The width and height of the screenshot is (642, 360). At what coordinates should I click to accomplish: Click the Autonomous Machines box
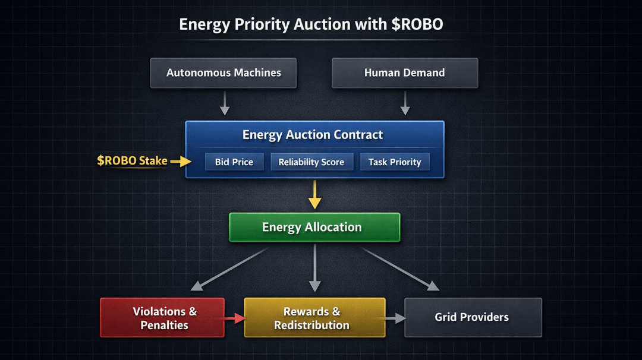pos(223,73)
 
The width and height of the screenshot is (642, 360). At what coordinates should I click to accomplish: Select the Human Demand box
pos(405,73)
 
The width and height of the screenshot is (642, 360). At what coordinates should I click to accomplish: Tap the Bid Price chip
pos(234,162)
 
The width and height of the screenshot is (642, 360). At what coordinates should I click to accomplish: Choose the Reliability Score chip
pos(311,162)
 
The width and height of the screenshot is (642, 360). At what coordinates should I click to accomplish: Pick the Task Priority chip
pos(395,162)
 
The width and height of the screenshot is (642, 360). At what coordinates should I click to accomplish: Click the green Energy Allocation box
pos(314,227)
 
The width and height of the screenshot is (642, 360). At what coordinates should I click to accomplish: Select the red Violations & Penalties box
pos(162,317)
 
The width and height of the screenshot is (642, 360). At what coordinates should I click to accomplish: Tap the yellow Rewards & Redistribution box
pos(314,317)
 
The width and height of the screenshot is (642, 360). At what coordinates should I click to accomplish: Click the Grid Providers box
pos(473,317)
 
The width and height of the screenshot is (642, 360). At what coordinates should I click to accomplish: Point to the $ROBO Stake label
pos(132,161)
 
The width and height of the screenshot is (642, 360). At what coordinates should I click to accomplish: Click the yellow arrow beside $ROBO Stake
pos(181,161)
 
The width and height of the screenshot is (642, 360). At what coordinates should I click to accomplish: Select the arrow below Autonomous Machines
pos(224,103)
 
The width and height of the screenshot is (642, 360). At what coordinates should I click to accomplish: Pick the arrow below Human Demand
pos(405,103)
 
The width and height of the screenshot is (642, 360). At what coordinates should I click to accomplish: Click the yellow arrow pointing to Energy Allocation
pos(314,195)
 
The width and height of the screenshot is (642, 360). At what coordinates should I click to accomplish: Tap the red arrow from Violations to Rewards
pos(235,318)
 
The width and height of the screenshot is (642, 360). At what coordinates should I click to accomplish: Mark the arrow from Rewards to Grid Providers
pos(395,318)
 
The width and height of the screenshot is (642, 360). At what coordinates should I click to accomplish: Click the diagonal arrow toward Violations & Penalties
pos(229,269)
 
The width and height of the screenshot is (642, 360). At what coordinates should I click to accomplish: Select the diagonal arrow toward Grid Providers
pos(401,269)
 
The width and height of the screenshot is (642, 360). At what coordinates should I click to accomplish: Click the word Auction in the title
pos(322,24)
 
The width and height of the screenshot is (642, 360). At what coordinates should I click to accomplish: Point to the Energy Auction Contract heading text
pos(313,135)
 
